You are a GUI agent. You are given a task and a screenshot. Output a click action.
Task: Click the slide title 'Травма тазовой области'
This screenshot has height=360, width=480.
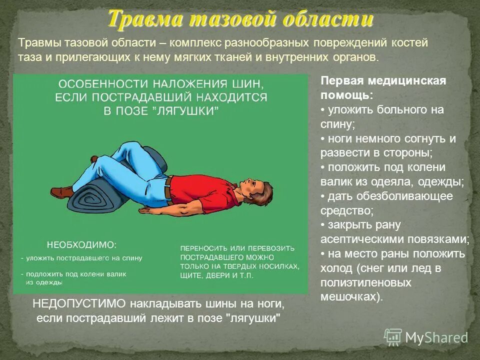point(240,19)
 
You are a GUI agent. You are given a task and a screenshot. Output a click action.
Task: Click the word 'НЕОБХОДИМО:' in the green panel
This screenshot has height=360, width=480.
point(81,245)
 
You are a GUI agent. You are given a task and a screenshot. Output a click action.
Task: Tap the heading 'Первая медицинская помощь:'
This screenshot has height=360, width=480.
point(382,87)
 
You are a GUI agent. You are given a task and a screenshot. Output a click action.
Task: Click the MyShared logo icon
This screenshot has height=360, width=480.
point(393,337)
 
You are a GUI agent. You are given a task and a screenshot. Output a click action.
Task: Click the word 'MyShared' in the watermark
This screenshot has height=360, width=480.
point(436,337)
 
